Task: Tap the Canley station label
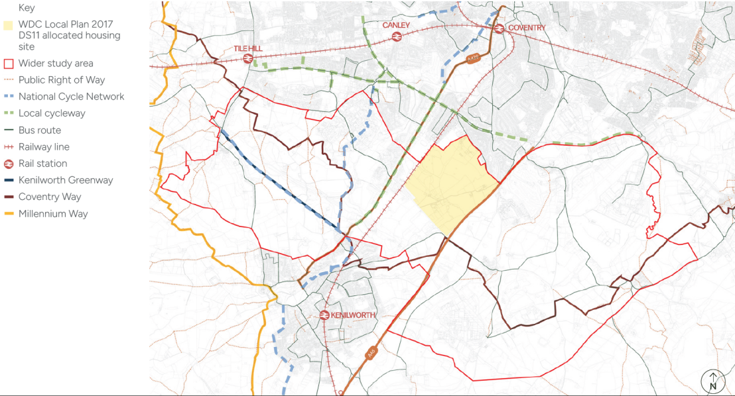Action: click(396, 25)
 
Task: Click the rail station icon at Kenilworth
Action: click(324, 315)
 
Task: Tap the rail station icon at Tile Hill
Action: click(247, 59)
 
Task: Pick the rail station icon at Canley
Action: click(397, 36)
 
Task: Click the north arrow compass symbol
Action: click(713, 381)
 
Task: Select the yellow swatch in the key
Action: click(8, 25)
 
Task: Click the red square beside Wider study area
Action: click(9, 64)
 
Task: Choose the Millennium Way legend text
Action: click(53, 214)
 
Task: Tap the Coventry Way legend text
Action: click(49, 197)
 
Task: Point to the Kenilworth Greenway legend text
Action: click(66, 180)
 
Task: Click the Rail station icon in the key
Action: click(9, 164)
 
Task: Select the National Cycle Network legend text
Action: click(71, 97)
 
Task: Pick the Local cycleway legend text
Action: click(52, 113)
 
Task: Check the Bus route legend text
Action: click(39, 130)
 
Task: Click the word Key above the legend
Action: click(27, 8)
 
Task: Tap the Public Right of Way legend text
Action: click(62, 80)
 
